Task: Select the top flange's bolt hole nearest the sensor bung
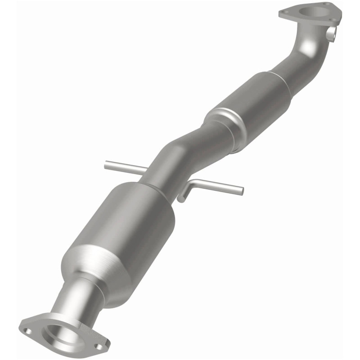333,19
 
